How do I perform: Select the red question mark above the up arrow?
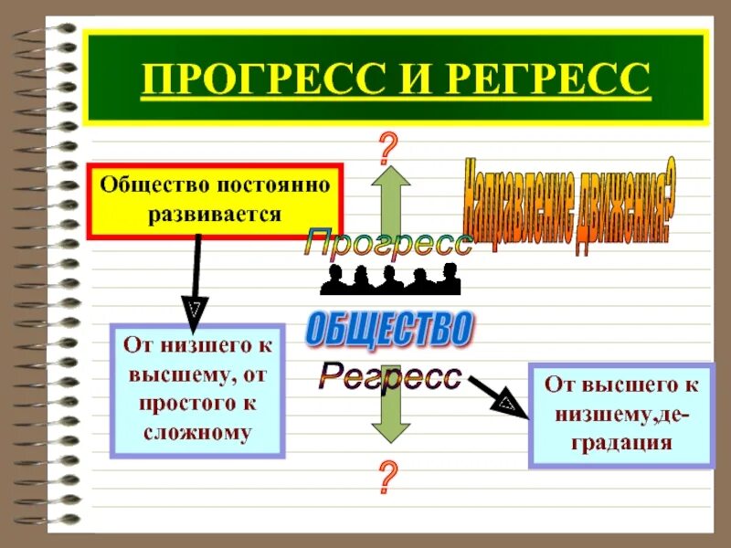(389, 146)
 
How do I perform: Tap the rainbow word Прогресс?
(388, 244)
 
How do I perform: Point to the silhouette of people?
(390, 279)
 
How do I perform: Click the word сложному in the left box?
(196, 431)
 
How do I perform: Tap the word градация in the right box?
(620, 443)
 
